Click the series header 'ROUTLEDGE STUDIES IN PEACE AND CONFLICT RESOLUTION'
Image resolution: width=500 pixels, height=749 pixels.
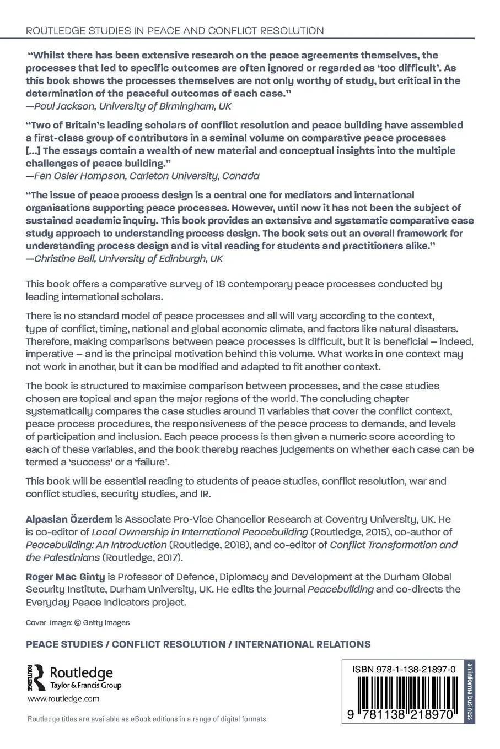175,31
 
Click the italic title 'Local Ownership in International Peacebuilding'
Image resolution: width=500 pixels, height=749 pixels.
200,532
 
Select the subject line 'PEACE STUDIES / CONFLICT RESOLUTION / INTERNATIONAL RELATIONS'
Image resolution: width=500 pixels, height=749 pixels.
198,644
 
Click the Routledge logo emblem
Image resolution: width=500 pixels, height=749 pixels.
36,677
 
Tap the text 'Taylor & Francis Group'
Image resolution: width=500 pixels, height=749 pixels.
85,686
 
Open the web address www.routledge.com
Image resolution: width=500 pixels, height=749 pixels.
63,699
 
